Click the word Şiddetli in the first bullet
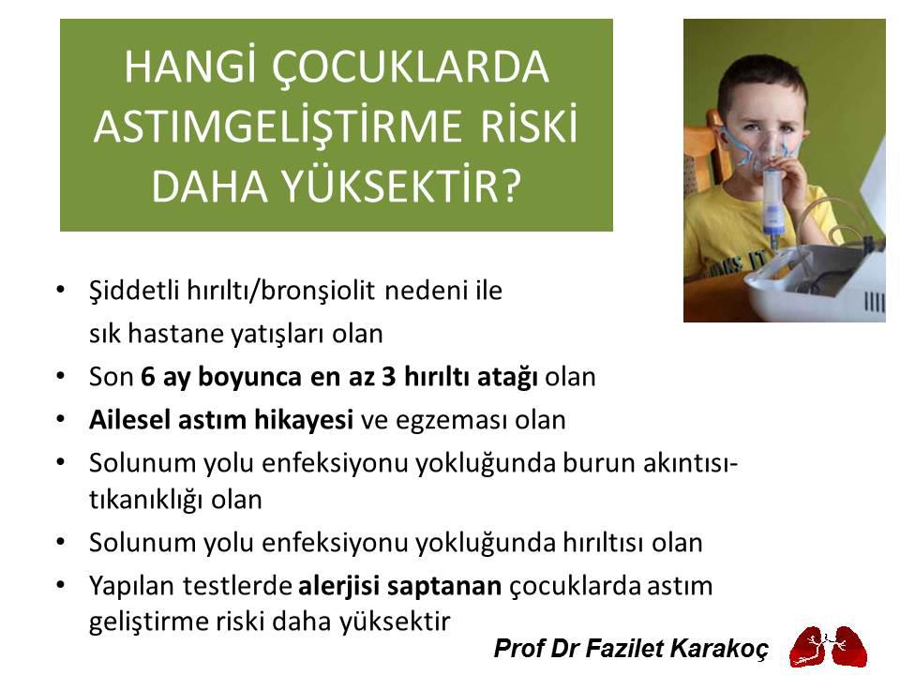(x=125, y=291)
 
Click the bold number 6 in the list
(x=148, y=377)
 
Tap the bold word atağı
(x=506, y=377)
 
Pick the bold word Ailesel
(x=125, y=420)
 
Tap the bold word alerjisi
(x=337, y=586)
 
